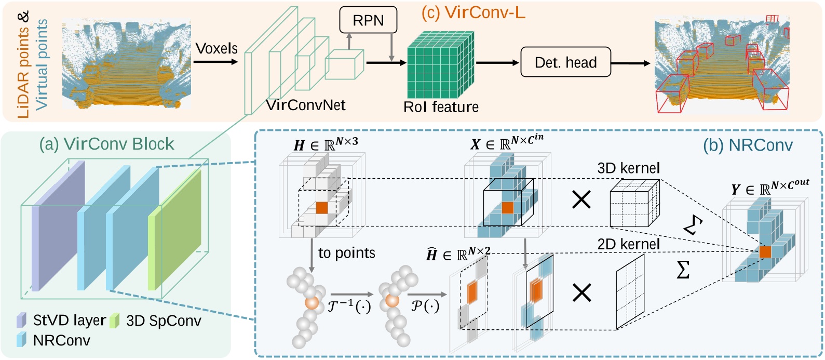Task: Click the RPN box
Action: coord(368,20)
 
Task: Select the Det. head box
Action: coord(565,62)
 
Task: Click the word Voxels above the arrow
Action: coord(217,48)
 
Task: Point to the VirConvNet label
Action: coord(306,105)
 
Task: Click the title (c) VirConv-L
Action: coord(473,12)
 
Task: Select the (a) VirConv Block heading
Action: coord(106,144)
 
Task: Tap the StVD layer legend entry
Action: coord(69,320)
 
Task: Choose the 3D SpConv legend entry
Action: coord(163,321)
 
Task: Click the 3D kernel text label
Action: coord(628,168)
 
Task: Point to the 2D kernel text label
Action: coord(628,244)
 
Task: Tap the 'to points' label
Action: coord(346,253)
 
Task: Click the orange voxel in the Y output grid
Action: coord(765,252)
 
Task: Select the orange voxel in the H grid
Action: coord(322,207)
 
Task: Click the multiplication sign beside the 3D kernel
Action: coord(581,199)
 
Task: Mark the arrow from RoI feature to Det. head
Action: coord(497,63)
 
